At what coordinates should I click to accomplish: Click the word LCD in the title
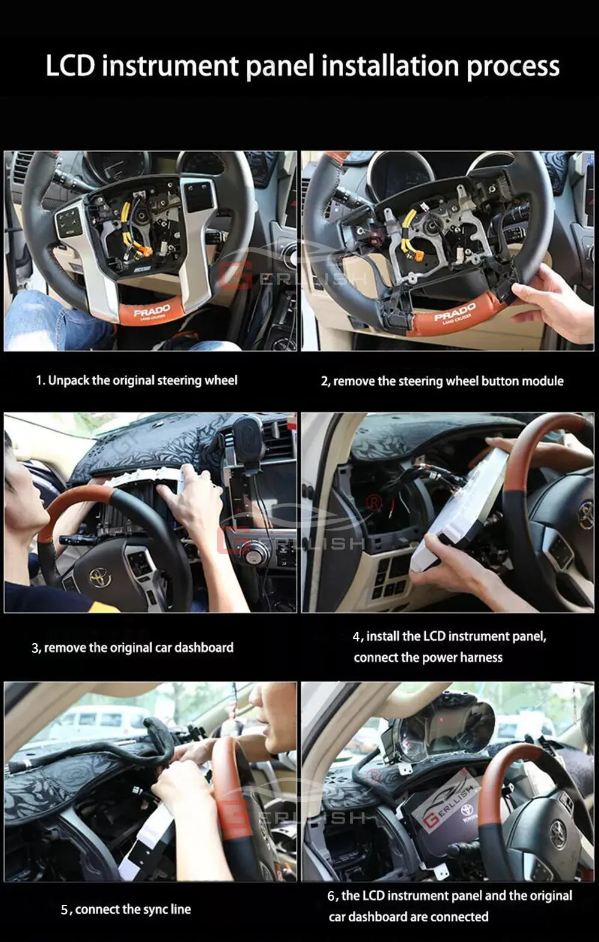[70, 66]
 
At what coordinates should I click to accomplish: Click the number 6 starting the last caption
[331, 896]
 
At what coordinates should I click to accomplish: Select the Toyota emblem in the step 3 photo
[100, 577]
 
